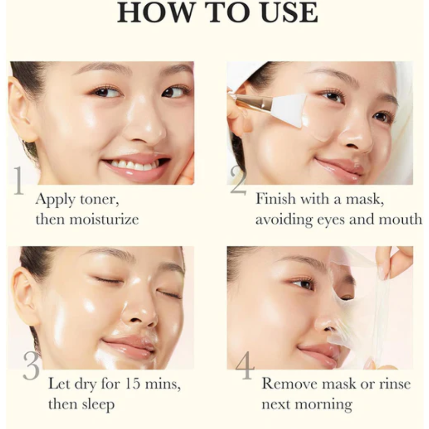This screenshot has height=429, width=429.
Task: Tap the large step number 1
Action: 18,181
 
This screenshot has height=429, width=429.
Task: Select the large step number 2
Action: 238,182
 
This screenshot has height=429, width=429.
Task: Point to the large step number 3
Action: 31,367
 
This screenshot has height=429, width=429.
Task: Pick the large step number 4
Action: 245,367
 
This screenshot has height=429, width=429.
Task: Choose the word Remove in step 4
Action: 290,384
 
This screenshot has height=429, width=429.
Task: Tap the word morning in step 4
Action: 325,405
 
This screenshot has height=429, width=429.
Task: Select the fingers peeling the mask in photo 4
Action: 391,260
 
